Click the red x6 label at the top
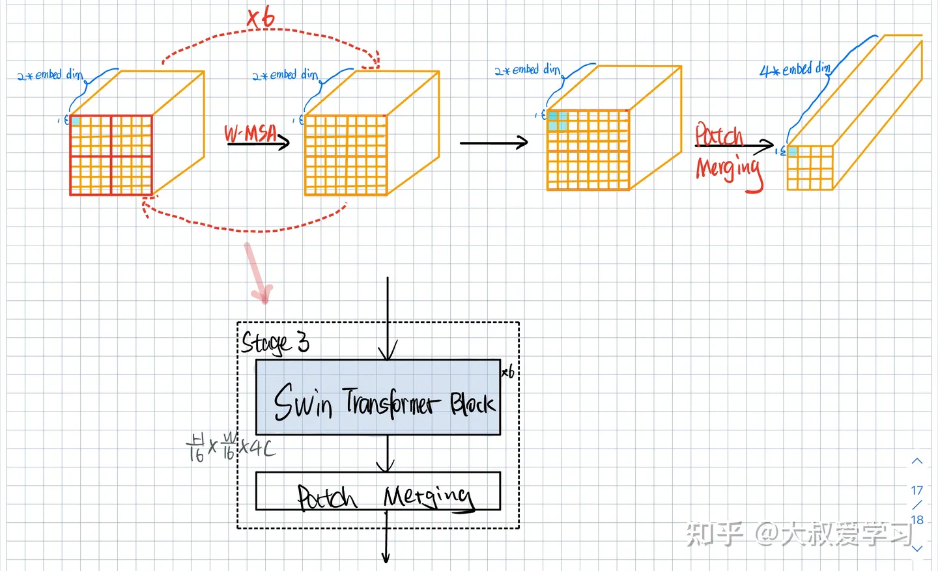(261, 18)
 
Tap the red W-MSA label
(251, 133)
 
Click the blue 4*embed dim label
(795, 70)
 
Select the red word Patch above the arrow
(718, 135)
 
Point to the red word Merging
(728, 169)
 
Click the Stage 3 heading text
(275, 342)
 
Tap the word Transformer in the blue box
(389, 402)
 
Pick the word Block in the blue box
(472, 404)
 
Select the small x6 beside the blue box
(508, 372)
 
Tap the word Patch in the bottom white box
(326, 497)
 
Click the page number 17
(917, 490)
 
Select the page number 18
(917, 520)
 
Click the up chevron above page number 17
(917, 461)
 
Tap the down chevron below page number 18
(917, 549)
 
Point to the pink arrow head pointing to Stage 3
(264, 294)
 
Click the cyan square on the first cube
(76, 121)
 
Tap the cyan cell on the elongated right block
(793, 151)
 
